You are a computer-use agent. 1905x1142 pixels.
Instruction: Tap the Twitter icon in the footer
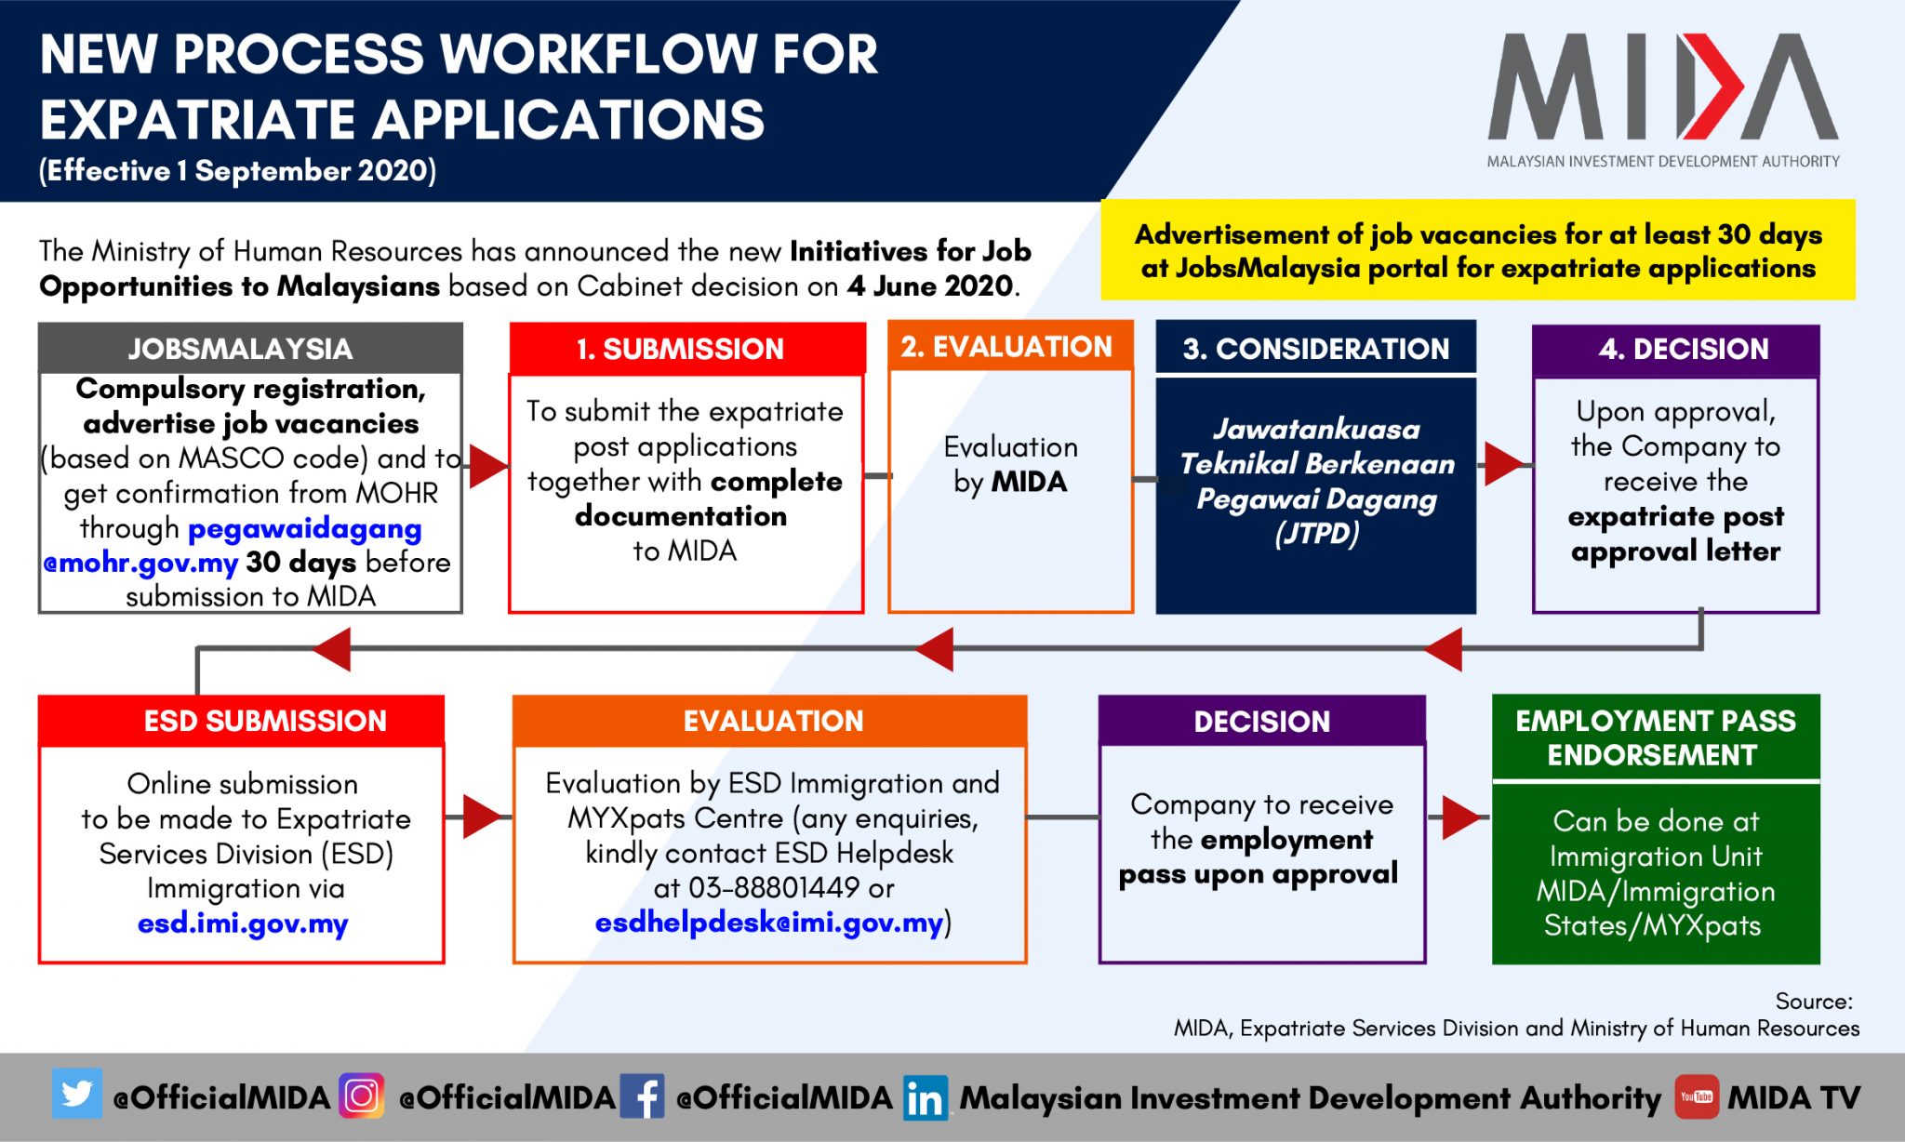[x=76, y=1095]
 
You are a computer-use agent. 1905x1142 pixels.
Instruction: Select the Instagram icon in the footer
[x=362, y=1096]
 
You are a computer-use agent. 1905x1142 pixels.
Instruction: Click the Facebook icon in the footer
[x=642, y=1096]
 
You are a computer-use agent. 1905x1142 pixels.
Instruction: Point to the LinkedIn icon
[x=925, y=1097]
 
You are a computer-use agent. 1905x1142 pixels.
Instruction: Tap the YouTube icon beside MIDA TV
[x=1697, y=1096]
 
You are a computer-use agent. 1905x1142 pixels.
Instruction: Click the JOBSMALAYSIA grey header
[x=250, y=348]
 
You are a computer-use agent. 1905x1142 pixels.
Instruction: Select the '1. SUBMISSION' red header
[x=687, y=349]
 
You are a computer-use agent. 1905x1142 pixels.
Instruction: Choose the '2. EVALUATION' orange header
[x=1010, y=346]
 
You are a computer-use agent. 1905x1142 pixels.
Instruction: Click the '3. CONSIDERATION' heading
[x=1316, y=348]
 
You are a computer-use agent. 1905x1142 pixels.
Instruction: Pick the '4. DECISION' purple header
[x=1676, y=350]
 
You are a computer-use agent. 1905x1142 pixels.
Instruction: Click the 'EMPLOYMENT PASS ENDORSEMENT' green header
[x=1656, y=737]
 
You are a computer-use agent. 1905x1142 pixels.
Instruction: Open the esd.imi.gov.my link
[x=243, y=923]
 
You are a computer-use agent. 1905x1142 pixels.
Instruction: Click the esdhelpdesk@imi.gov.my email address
[x=769, y=923]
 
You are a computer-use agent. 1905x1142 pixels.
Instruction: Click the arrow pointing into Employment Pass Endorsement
[x=1460, y=817]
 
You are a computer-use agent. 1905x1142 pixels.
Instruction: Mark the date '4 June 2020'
[x=929, y=285]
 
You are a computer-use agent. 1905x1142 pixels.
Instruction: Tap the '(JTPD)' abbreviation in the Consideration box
[x=1316, y=534]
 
